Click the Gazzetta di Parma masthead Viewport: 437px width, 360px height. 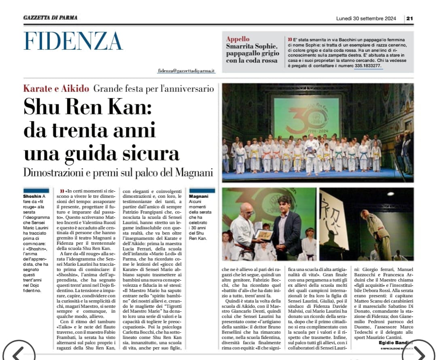click(50, 17)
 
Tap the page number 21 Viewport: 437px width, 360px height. click(409, 18)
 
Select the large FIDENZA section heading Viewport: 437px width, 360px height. click(73, 41)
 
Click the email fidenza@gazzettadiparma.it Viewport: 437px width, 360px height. click(187, 71)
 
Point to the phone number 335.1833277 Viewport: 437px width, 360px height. click(368, 66)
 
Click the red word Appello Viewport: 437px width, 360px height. click(238, 39)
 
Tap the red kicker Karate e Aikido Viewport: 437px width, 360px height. click(56, 88)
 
